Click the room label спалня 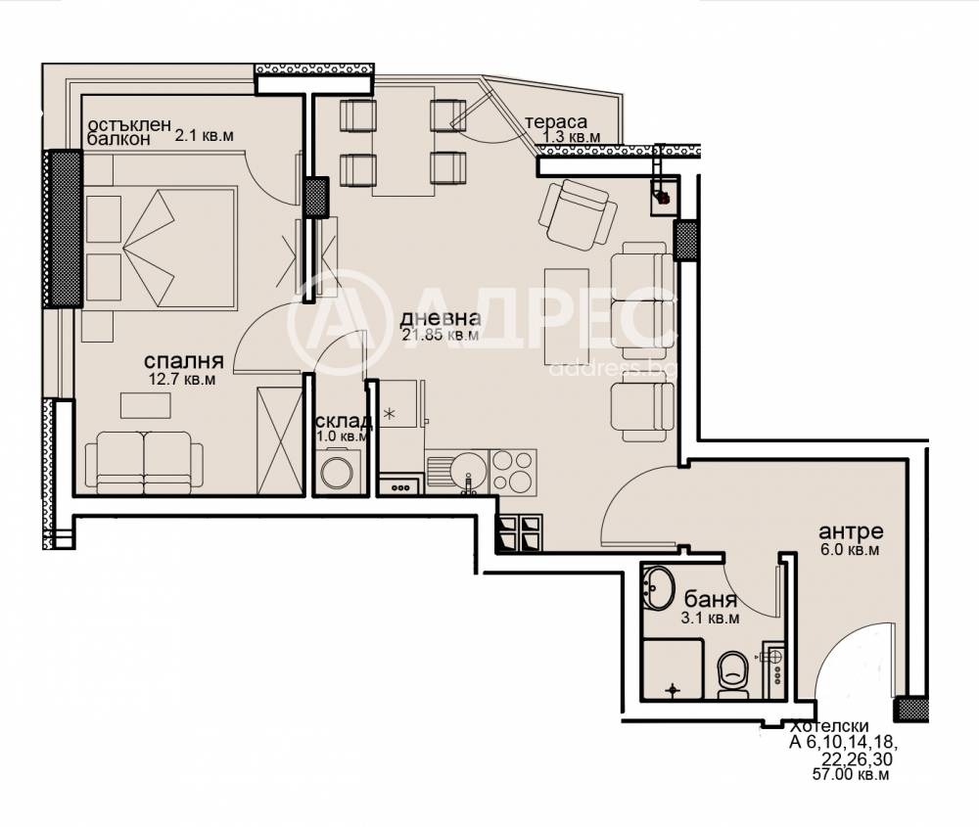(184, 361)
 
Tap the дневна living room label (441, 318)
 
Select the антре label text (851, 531)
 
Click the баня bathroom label (711, 600)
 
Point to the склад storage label (345, 421)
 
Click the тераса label (556, 122)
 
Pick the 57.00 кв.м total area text (851, 774)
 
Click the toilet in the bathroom (732, 674)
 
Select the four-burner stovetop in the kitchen (513, 472)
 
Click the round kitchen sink (468, 470)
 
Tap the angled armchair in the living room (578, 214)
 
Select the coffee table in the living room (567, 316)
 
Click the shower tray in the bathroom (673, 668)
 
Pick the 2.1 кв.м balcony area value (205, 135)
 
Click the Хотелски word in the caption (830, 726)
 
